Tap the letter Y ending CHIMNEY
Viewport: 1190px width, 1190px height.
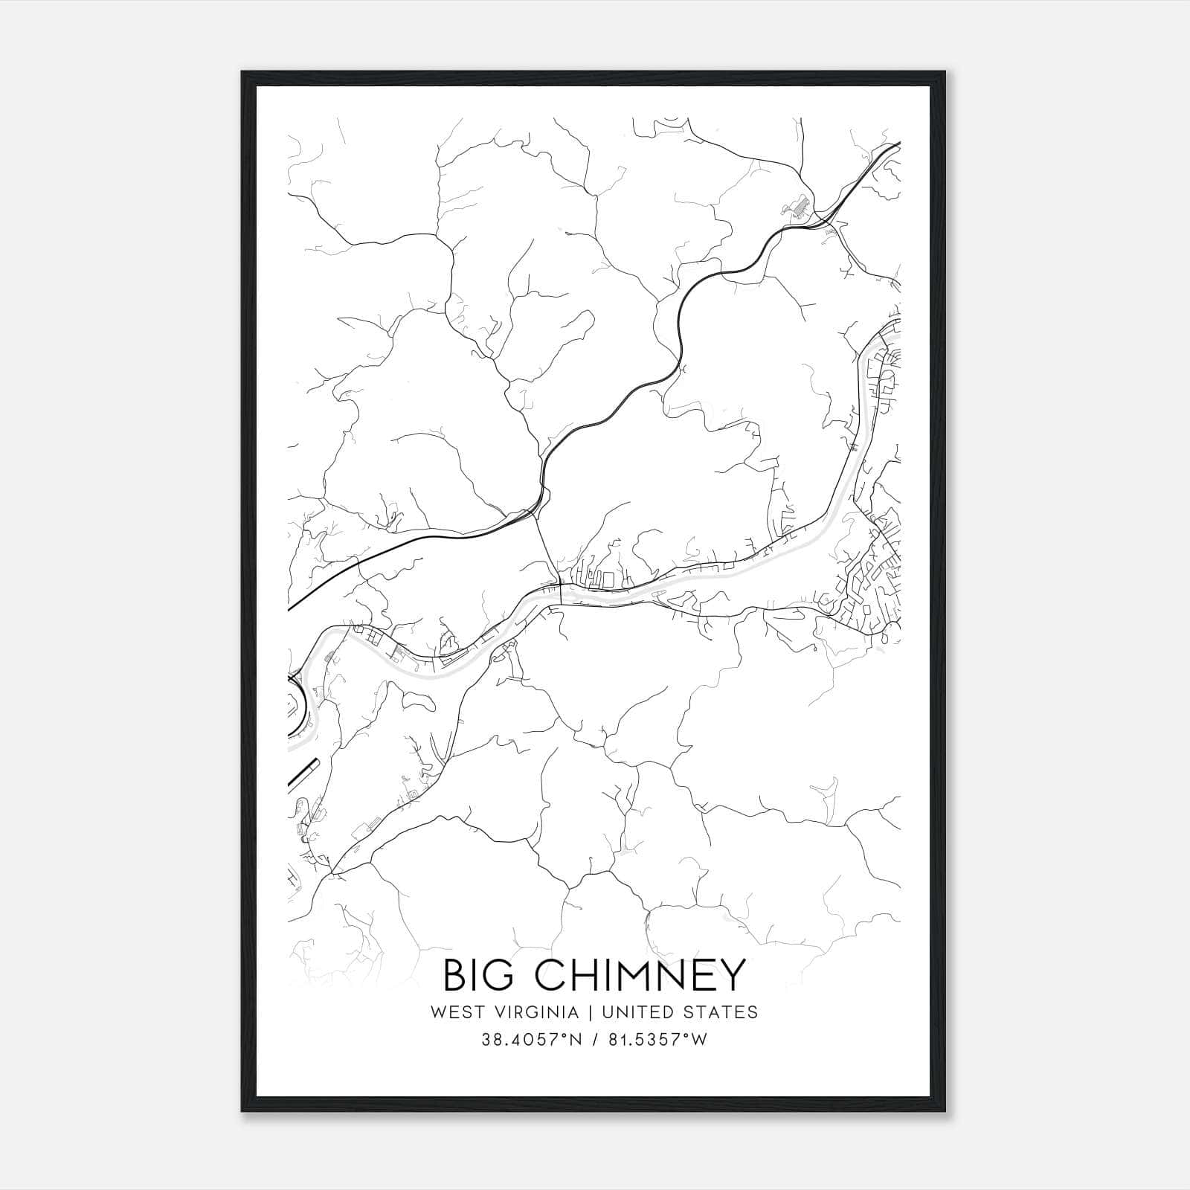pos(732,976)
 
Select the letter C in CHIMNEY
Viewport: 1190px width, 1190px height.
pos(548,976)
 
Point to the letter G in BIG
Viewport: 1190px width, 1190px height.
pos(501,976)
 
